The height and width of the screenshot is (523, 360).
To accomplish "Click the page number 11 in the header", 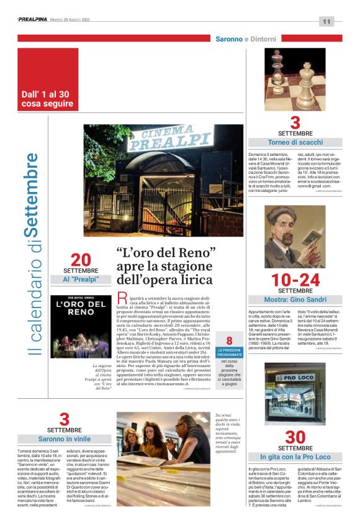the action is click(x=327, y=22).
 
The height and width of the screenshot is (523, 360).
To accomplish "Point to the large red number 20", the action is click(x=80, y=259).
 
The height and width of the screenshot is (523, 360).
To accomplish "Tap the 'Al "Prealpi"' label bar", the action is click(x=79, y=280).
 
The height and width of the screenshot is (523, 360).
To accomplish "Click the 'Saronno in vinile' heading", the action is click(x=65, y=439).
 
